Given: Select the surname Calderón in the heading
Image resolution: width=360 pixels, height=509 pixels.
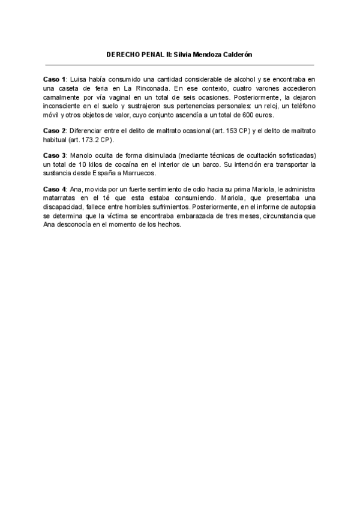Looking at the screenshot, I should (236, 55).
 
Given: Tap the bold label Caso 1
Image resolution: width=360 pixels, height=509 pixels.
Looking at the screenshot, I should (55, 79).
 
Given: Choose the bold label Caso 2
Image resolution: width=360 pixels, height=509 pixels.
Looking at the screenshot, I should (55, 131).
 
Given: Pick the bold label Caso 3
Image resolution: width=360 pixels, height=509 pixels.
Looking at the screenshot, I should (55, 155).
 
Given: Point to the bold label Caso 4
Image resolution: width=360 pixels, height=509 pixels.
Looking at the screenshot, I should (55, 190).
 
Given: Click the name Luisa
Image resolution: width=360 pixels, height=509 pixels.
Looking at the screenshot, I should (79, 79).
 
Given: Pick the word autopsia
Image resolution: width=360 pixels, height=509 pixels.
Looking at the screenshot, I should (297, 207).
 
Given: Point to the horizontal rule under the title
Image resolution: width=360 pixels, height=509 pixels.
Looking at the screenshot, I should (180, 64).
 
